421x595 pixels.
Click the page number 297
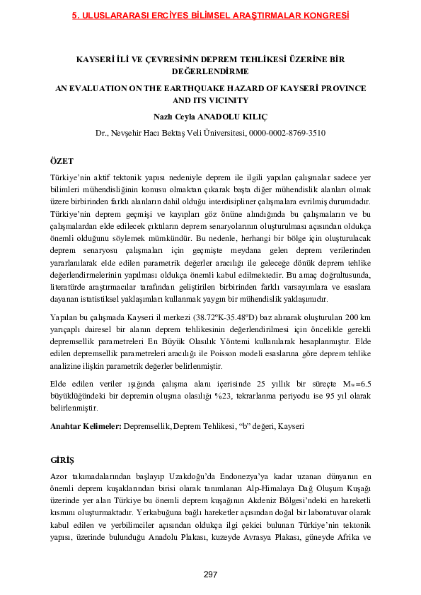pyautogui.click(x=210, y=575)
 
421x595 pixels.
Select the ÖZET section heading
pyautogui.click(x=62, y=162)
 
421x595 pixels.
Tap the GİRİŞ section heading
pyautogui.click(x=62, y=460)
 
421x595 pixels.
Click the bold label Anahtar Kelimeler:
pyautogui.click(x=86, y=427)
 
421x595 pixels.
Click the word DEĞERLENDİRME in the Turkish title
pyautogui.click(x=210, y=71)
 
